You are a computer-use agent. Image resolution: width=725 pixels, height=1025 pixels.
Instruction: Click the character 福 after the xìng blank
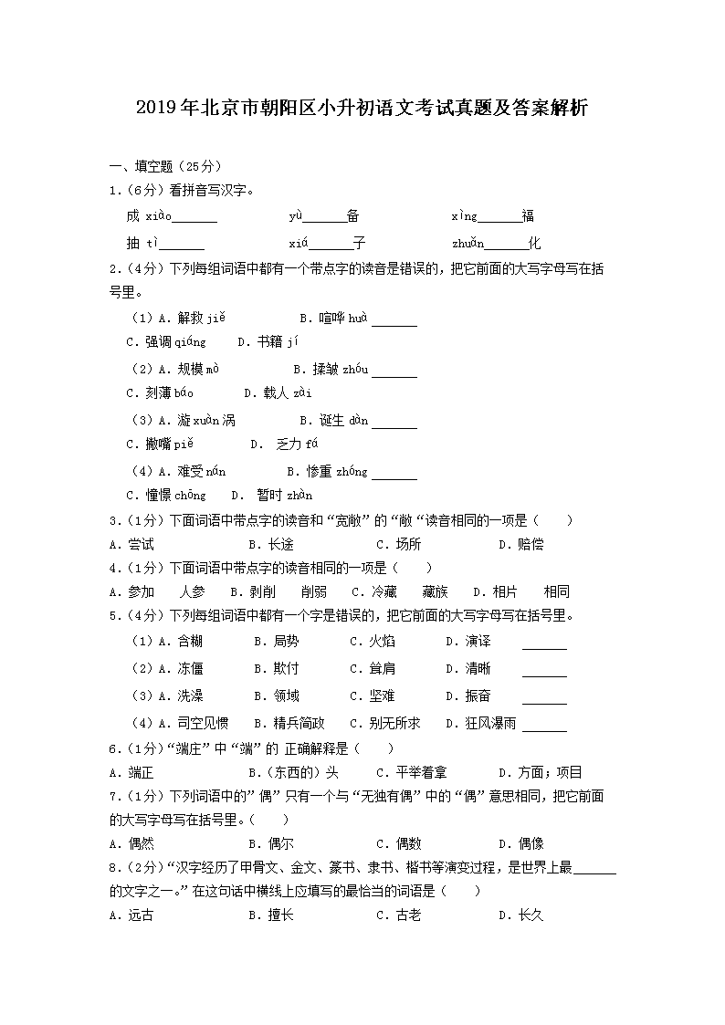[x=528, y=216]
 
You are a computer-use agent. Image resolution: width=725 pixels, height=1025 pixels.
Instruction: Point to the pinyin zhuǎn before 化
[x=468, y=244]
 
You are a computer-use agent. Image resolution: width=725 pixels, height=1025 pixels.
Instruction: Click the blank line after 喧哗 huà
[x=394, y=320]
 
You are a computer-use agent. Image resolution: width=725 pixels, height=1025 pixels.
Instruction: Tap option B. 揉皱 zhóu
[x=330, y=369]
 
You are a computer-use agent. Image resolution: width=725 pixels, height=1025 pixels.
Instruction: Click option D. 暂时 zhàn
[x=271, y=495]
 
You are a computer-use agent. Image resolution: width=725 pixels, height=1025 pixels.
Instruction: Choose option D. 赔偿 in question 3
[x=520, y=544]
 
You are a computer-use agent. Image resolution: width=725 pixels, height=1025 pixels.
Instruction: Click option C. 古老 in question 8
[x=398, y=915]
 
